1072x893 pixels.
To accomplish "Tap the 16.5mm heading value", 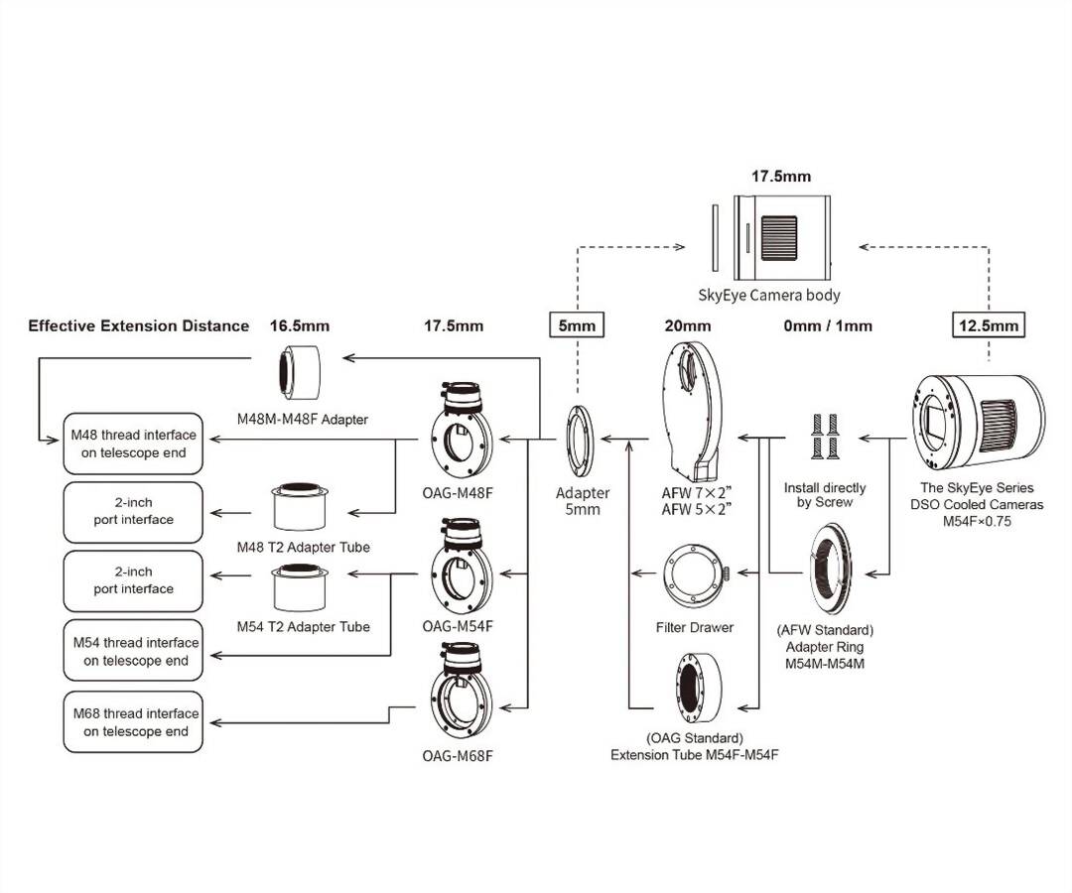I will pyautogui.click(x=299, y=325).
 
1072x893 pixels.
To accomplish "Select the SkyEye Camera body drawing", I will pyautogui.click(x=781, y=235).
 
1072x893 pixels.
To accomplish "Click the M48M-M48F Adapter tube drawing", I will pyautogui.click(x=299, y=371).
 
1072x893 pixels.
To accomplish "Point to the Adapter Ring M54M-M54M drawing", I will pyautogui.click(x=825, y=572).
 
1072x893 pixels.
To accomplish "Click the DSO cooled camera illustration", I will pyautogui.click(x=977, y=418).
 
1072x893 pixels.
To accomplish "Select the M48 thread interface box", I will pyautogui.click(x=133, y=444).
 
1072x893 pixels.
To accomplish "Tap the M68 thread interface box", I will pyautogui.click(x=133, y=722).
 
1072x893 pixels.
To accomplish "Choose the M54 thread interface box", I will pyautogui.click(x=133, y=651).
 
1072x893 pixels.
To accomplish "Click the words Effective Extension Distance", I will pyautogui.click(x=138, y=325).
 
